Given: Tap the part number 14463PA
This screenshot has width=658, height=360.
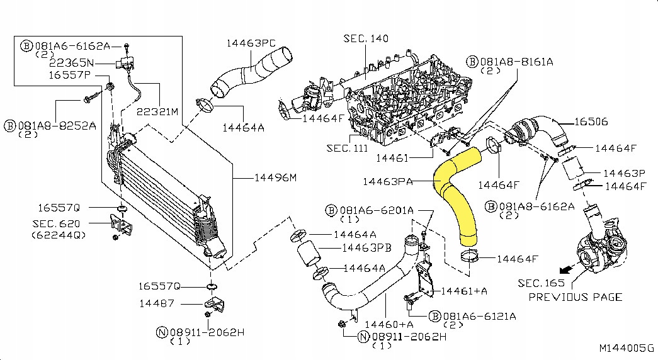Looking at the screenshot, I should coord(388,182).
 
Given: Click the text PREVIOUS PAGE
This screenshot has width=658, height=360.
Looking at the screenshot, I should coord(575,297).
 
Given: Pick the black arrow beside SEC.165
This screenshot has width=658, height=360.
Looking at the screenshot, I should coord(567,269).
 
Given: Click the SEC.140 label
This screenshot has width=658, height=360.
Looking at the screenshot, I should coord(366,39).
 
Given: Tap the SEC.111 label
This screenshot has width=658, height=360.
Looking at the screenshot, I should coord(346,149).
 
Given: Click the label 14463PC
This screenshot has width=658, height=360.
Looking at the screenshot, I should coord(252,43).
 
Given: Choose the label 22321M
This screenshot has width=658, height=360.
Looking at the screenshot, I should coord(157,111).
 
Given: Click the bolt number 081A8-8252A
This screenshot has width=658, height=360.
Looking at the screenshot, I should coord(57,125).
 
